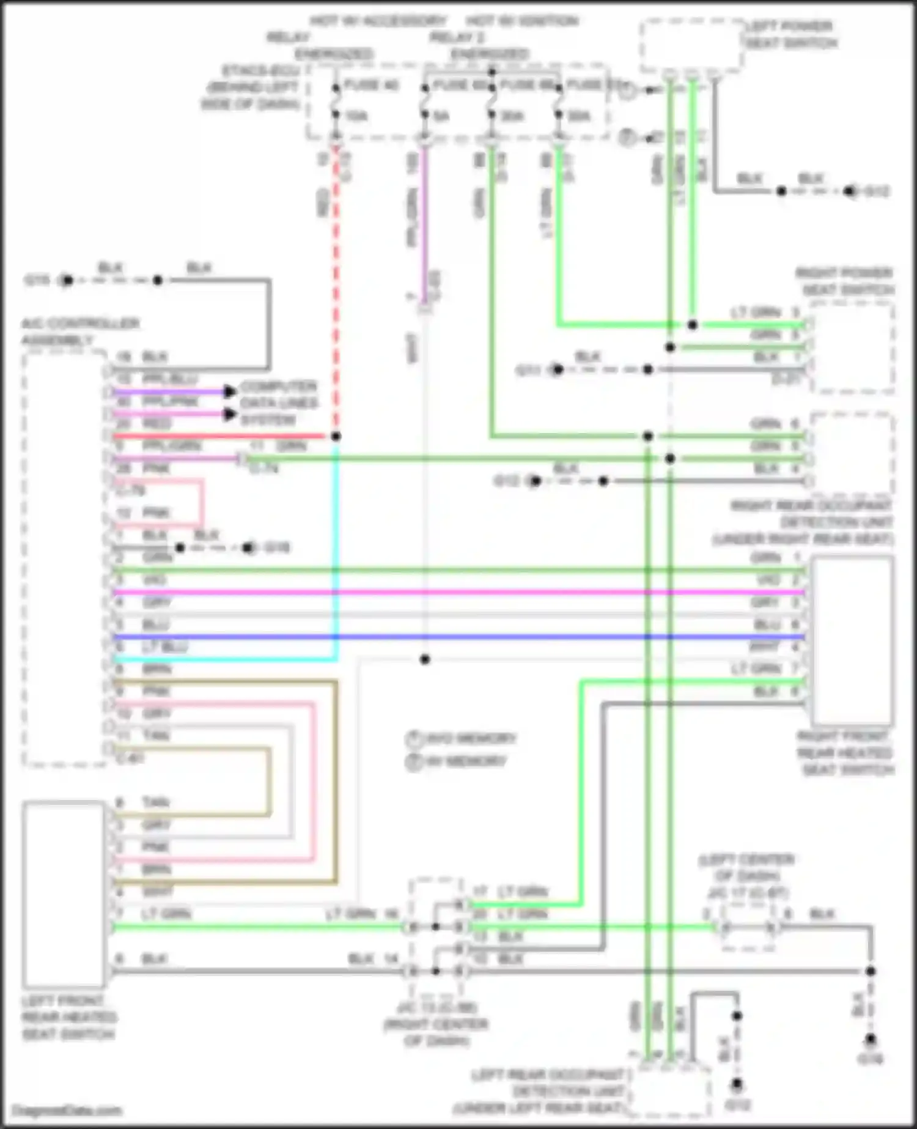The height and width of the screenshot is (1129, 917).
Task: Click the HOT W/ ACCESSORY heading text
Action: pos(378,21)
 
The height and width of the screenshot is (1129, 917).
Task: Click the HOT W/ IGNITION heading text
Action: pos(523,21)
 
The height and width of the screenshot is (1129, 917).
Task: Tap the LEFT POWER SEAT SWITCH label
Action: pos(791,35)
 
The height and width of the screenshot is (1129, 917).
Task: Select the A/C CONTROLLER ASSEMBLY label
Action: pos(80,331)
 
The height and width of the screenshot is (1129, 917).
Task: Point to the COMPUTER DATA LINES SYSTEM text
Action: pos(278,403)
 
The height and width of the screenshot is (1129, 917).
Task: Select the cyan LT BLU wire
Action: pos(335,550)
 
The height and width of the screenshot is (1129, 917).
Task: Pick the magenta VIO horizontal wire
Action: pos(458,592)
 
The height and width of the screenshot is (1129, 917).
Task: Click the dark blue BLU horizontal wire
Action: pos(458,637)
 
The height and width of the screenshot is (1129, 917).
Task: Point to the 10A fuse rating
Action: pos(356,116)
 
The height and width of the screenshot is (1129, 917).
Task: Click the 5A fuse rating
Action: pos(441,116)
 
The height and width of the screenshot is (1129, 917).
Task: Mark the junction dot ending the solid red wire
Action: pos(336,436)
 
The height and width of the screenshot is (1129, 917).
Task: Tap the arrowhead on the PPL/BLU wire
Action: pos(230,391)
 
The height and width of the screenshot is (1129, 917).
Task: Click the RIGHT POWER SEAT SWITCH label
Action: pos(844,281)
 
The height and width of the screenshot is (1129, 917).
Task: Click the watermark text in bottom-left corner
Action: pos(67,1110)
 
